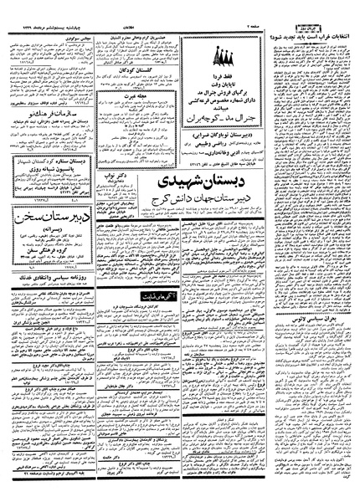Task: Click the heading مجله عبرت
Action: [x=149, y=96]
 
